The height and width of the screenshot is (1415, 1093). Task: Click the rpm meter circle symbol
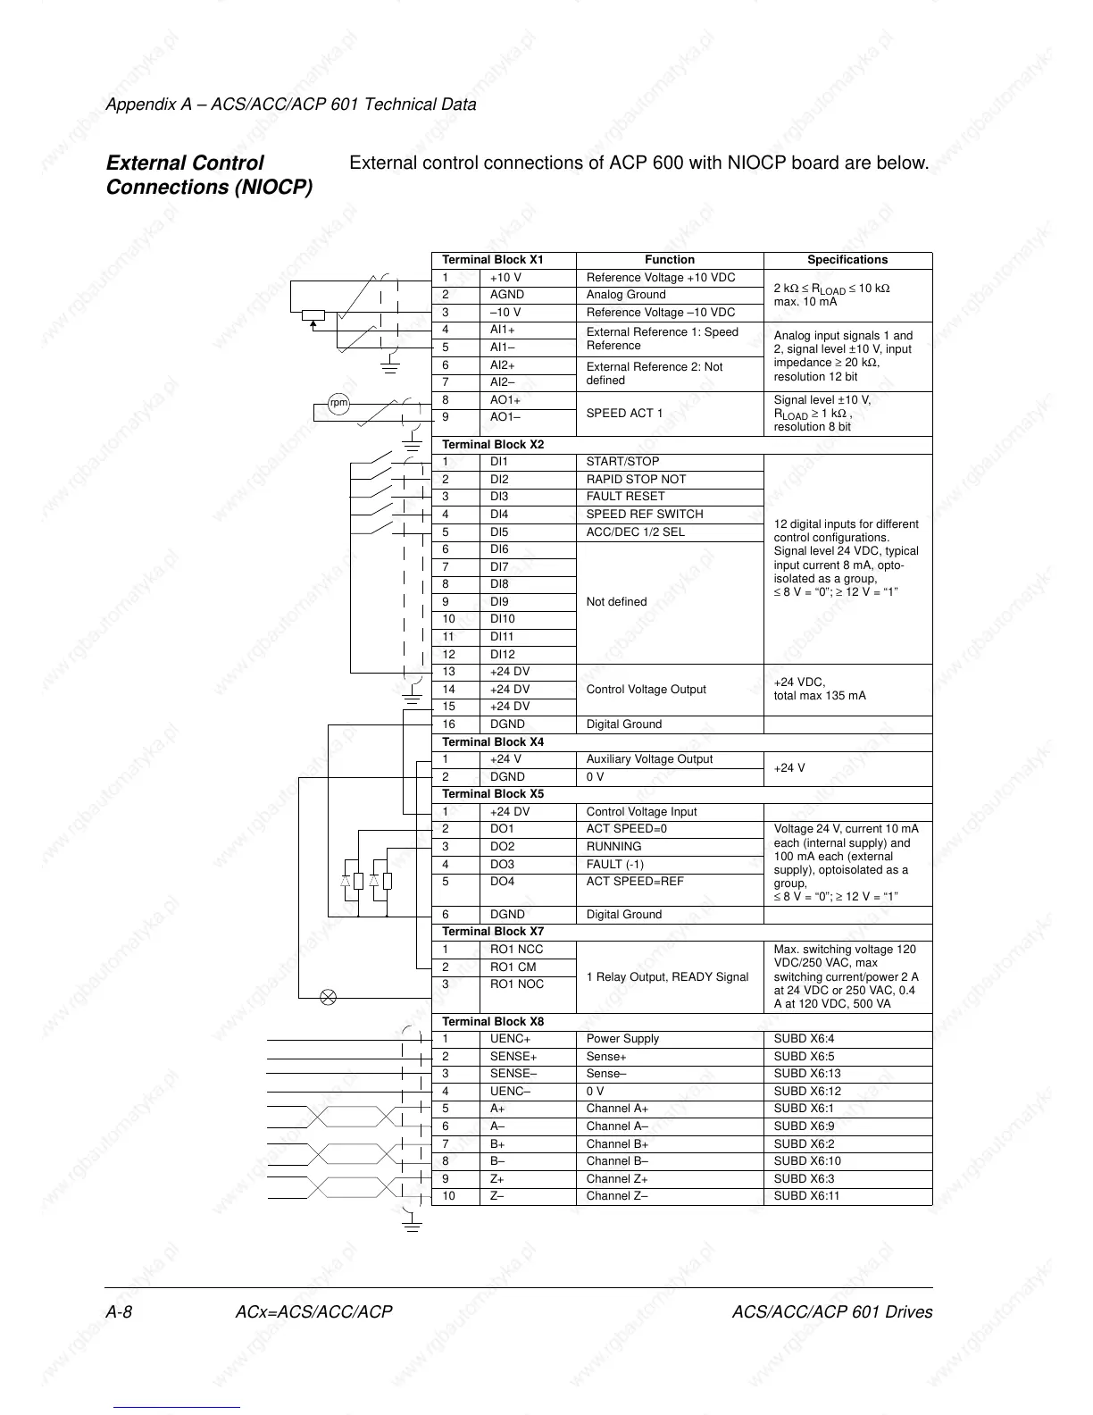tap(338, 403)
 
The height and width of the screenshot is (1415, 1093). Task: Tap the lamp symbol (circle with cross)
tap(328, 997)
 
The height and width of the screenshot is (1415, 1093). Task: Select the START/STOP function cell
tap(622, 462)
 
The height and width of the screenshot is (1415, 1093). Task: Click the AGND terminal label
tap(506, 295)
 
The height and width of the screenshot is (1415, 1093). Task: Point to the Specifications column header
tap(847, 260)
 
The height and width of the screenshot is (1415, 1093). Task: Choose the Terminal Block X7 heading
tap(493, 932)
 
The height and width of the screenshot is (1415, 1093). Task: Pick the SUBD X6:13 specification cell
tap(806, 1074)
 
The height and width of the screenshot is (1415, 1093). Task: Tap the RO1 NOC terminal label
tap(516, 984)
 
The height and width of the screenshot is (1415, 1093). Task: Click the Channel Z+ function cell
tap(617, 1179)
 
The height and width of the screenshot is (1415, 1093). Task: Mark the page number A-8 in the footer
tap(120, 1312)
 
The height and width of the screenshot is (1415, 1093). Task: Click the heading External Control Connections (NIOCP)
tap(209, 175)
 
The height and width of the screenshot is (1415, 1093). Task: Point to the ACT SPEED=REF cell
tap(634, 882)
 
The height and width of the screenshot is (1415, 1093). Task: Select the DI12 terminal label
tap(502, 655)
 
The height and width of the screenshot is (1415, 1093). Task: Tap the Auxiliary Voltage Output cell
tap(649, 759)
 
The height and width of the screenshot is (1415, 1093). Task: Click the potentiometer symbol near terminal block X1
tap(313, 314)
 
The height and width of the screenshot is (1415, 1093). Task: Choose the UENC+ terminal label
tap(510, 1039)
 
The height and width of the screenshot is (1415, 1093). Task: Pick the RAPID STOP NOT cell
tap(636, 480)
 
